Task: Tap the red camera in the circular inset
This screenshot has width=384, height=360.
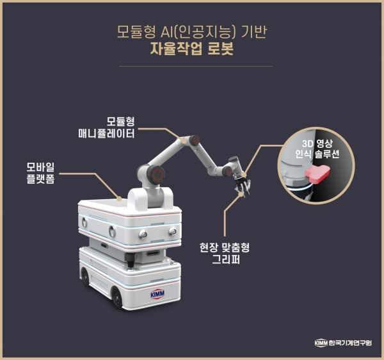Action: [x=316, y=172]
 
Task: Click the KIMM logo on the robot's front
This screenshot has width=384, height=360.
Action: [x=157, y=293]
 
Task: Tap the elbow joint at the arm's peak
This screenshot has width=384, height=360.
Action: [x=187, y=140]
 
